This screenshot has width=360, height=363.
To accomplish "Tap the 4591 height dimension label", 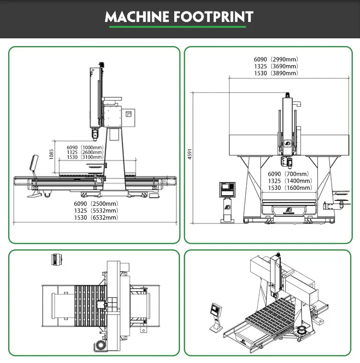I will coord(190,153).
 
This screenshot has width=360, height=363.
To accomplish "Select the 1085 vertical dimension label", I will coord(51,153).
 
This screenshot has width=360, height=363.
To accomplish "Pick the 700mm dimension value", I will coord(297,174).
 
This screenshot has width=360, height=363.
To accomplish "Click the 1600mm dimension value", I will coord(299,187).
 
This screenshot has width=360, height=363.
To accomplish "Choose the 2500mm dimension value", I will coord(103,203).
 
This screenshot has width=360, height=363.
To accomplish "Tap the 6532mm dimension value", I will coord(103,217).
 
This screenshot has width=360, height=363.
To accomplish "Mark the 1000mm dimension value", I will coord(92,147).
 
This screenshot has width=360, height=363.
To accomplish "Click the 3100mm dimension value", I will coord(92,157).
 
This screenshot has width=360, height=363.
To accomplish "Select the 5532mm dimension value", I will coord(103,210).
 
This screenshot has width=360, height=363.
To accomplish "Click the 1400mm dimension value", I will coord(299,181).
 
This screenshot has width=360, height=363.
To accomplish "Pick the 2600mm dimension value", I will coord(92,152).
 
